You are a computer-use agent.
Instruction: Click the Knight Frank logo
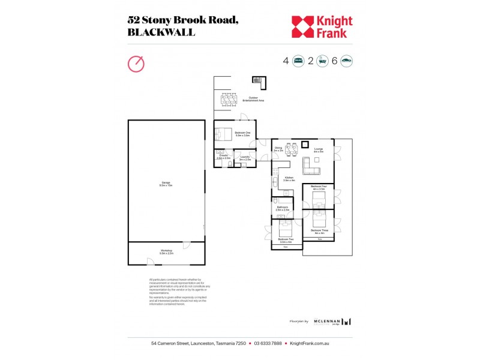click(322, 26)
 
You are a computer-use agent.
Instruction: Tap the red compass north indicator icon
click(136, 63)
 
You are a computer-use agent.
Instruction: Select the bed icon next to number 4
click(298, 61)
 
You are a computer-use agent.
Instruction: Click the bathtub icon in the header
click(322, 61)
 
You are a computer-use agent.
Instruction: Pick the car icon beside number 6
click(346, 61)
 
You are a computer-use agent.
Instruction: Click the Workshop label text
click(166, 252)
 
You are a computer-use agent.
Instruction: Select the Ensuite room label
click(223, 157)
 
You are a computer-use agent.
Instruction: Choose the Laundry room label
click(245, 157)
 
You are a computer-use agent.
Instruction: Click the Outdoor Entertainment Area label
click(257, 99)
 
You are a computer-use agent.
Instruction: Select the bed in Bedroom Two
click(284, 227)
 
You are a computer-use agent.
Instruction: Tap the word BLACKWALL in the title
click(161, 32)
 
